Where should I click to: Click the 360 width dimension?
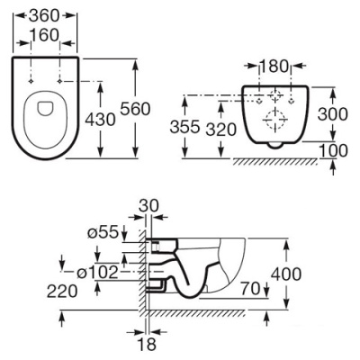coord(45,15)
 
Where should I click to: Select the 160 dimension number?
coord(45,36)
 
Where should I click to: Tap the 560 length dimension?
coord(135,109)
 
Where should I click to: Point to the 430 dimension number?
coord(100,120)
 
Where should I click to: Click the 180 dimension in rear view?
coord(274,67)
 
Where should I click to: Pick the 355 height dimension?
coord(184,127)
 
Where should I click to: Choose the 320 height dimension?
coord(221,130)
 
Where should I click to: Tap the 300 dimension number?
coord(333,114)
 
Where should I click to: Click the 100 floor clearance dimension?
coord(333,150)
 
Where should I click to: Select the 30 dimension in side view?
coord(149,206)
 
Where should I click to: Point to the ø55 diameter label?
coord(103,232)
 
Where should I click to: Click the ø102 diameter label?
coord(96,273)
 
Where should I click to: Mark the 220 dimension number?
coord(62,291)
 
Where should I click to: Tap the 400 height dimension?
coord(286,274)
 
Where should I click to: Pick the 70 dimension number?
coord(251,289)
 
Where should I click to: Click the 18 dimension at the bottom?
coord(147,345)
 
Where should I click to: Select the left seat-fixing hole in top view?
coord(31,81)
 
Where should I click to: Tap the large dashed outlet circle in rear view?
coord(274,119)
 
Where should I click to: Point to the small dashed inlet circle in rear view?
coord(274,95)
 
